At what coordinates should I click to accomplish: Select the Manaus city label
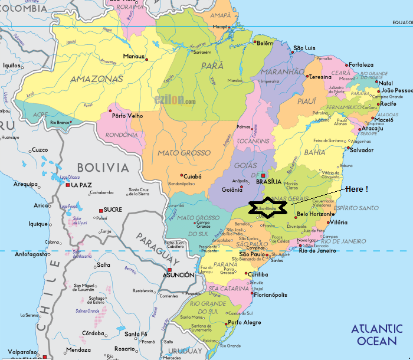coord(133,57)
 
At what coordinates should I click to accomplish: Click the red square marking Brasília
coord(264,176)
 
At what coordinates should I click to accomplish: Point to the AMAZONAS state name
coord(97,78)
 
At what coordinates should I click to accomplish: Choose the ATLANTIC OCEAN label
coord(377,335)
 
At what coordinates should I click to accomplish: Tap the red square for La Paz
coord(68,185)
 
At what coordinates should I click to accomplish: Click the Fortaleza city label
coord(360,64)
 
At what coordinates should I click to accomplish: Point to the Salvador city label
coord(362,150)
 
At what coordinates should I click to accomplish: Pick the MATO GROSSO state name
coord(183,153)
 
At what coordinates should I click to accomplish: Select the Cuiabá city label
coord(193,176)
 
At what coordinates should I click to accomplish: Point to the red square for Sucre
coord(101,210)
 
